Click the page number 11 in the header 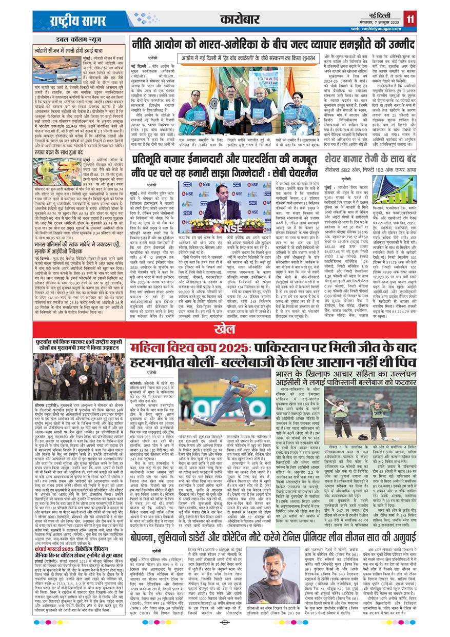tap(410, 20)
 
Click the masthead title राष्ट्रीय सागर tap(71, 21)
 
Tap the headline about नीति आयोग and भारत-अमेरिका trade tap(273, 44)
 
